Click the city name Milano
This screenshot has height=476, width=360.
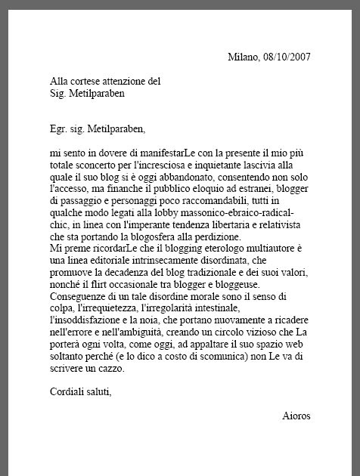tap(243, 57)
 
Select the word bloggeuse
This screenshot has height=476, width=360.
tap(234, 284)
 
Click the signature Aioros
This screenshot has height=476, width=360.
tap(296, 416)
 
